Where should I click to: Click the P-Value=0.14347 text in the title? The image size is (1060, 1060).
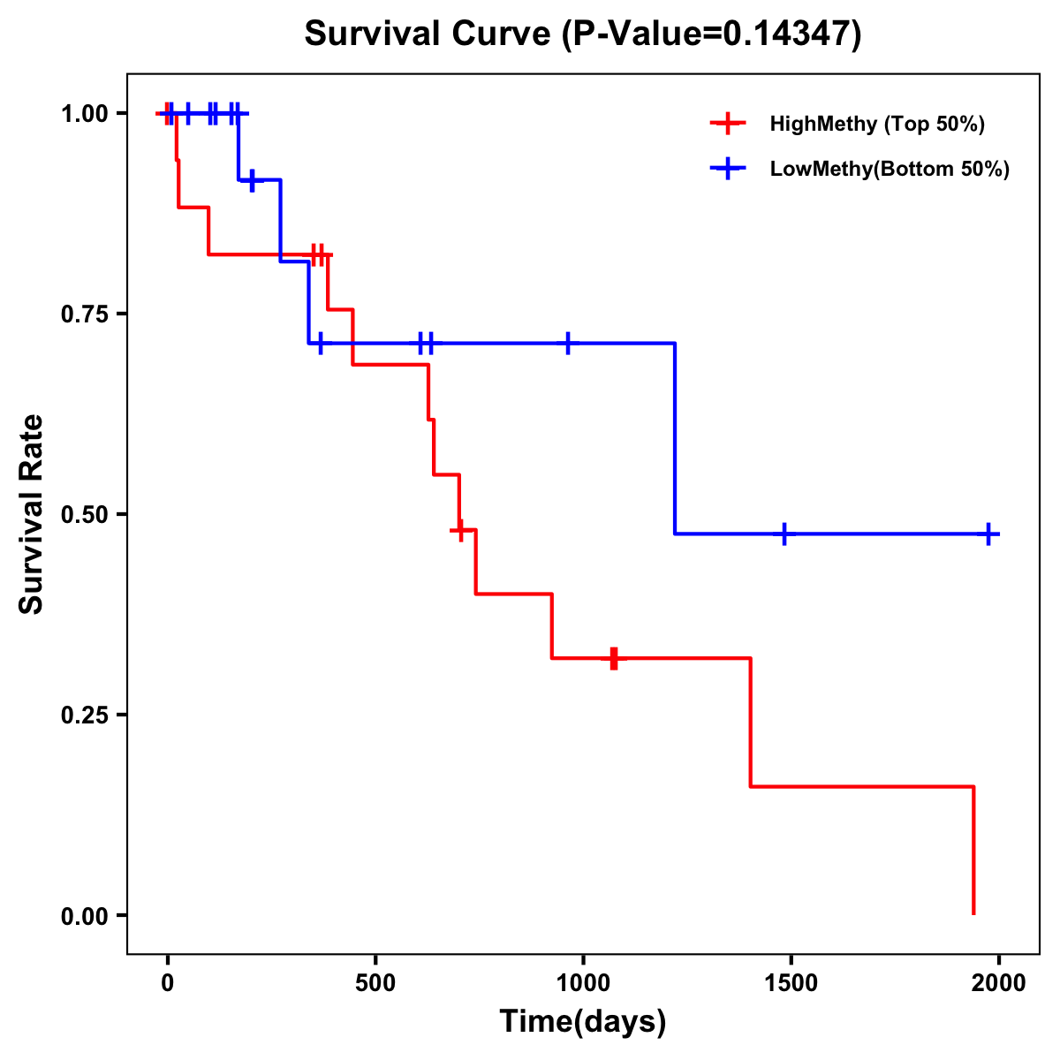(715, 34)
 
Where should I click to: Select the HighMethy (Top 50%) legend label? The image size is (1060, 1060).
(876, 124)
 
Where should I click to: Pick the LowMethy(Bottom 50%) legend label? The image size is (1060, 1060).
(890, 169)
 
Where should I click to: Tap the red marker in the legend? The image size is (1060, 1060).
(728, 124)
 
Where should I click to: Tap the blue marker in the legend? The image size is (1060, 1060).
(728, 169)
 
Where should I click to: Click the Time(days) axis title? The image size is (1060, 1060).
(583, 1021)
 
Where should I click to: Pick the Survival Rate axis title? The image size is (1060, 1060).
(32, 513)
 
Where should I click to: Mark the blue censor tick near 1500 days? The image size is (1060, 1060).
(784, 534)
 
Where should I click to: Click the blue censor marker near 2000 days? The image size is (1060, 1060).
(988, 534)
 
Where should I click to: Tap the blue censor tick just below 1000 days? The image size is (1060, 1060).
(567, 343)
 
